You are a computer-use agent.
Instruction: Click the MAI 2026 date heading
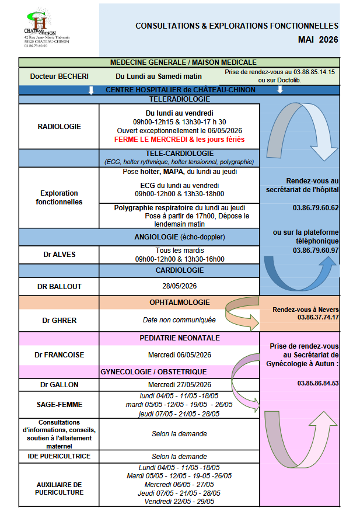317,40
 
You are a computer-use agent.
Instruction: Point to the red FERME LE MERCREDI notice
180,140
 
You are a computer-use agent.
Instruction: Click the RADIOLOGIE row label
59,126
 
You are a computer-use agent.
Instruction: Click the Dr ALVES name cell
59,254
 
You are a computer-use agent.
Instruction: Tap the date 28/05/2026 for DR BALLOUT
179,287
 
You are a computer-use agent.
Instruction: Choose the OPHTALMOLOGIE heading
179,303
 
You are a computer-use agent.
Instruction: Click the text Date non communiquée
179,320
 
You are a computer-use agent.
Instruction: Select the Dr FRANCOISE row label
59,354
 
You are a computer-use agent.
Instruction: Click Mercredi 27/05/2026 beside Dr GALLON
179,385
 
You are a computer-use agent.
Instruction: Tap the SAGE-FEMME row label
59,404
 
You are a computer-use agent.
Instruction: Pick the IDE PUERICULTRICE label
59,456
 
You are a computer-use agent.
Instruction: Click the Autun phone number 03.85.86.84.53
318,383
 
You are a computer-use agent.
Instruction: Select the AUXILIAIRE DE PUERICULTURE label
59,488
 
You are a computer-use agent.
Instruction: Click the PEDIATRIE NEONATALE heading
179,338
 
